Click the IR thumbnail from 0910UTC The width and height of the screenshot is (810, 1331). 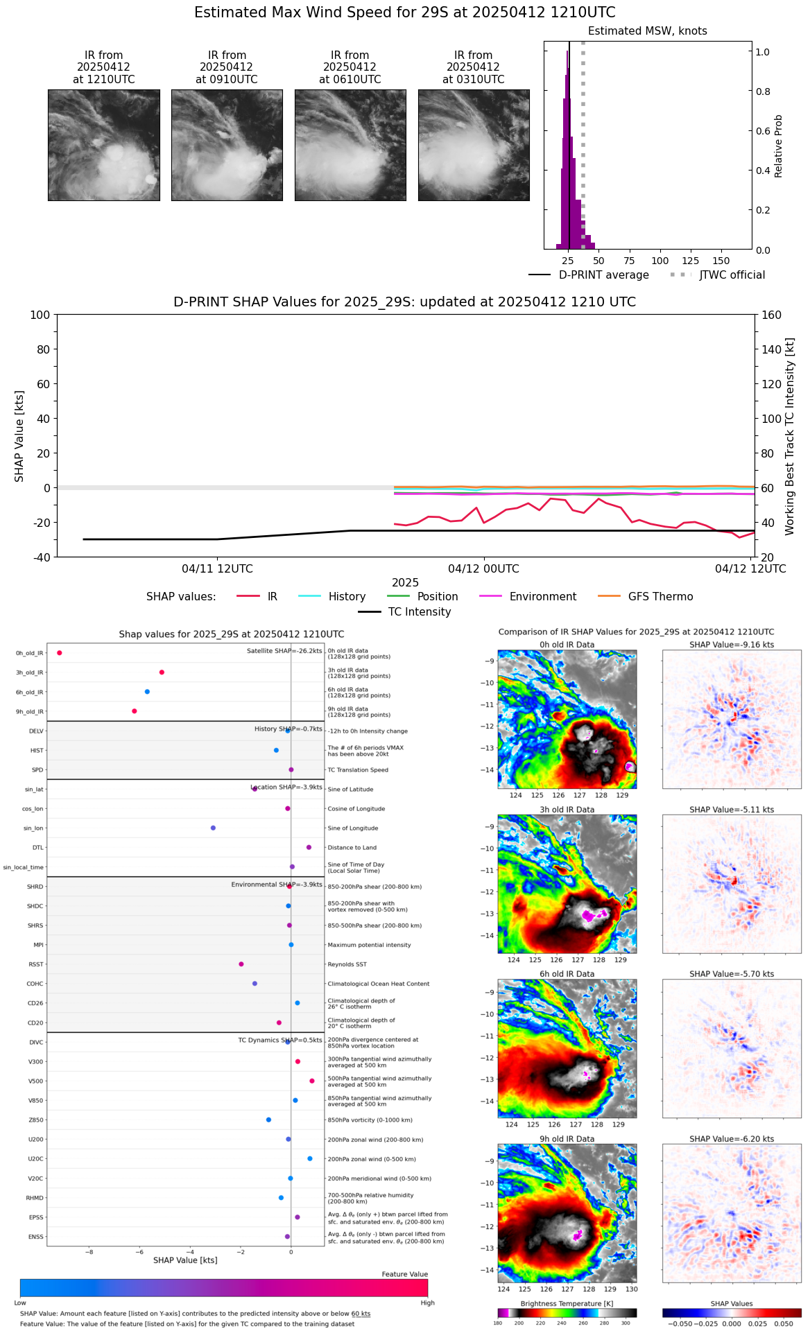(227, 145)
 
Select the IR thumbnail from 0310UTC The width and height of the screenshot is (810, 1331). (474, 145)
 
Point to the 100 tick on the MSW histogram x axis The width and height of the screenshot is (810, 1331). (660, 261)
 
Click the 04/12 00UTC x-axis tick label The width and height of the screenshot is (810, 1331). (483, 569)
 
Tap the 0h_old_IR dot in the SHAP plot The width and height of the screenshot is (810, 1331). (60, 653)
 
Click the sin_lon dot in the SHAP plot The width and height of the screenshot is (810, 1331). (213, 828)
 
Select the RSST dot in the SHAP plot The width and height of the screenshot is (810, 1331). (241, 964)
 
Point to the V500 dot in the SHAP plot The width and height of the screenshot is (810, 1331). (312, 1081)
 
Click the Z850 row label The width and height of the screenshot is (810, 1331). (36, 1120)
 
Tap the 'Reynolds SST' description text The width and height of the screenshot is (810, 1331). (347, 964)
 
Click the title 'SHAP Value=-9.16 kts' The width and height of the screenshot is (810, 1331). (732, 645)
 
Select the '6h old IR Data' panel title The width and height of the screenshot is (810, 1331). (567, 974)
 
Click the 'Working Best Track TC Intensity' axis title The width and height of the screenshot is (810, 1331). (790, 437)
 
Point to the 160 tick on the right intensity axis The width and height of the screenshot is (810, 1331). (771, 315)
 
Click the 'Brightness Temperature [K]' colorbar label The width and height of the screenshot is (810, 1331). (567, 1304)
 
